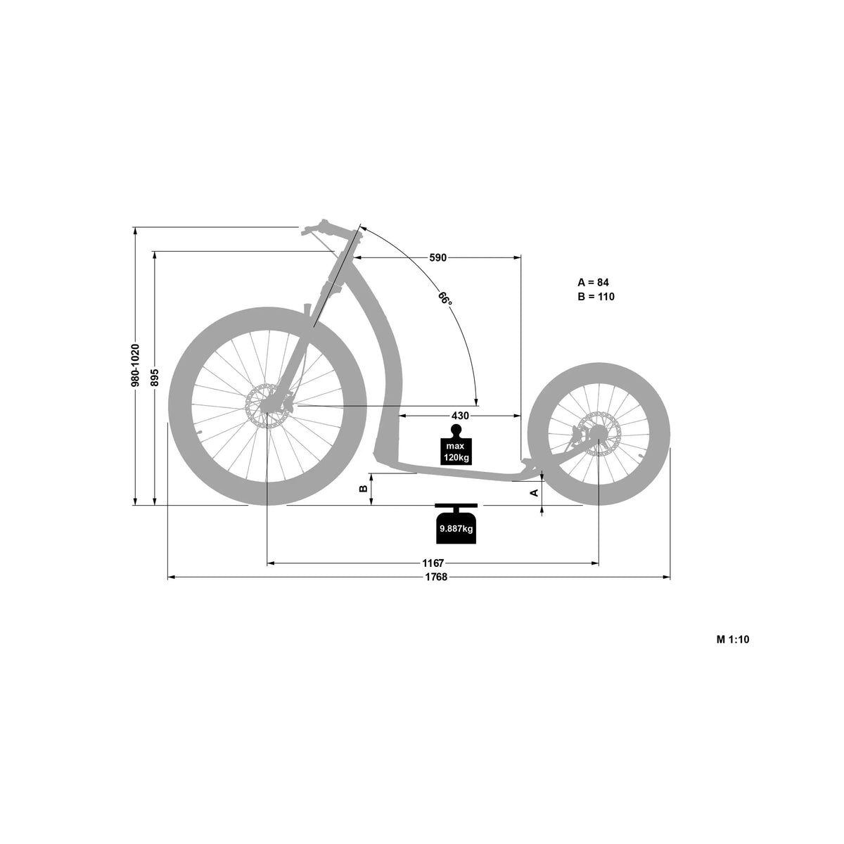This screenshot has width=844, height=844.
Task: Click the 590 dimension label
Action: pos(437,257)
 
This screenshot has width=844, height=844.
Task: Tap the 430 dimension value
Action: pos(460,416)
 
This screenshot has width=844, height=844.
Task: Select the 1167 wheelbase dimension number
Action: pos(433,563)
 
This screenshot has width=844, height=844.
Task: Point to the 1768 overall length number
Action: pos(436,577)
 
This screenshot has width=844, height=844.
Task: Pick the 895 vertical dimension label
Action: pos(155,378)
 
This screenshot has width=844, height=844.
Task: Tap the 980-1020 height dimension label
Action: pos(135,365)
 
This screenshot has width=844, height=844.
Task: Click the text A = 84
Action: pos(593,282)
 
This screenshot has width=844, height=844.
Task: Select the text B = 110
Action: pos(596,297)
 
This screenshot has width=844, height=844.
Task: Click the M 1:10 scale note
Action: pos(733,639)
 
